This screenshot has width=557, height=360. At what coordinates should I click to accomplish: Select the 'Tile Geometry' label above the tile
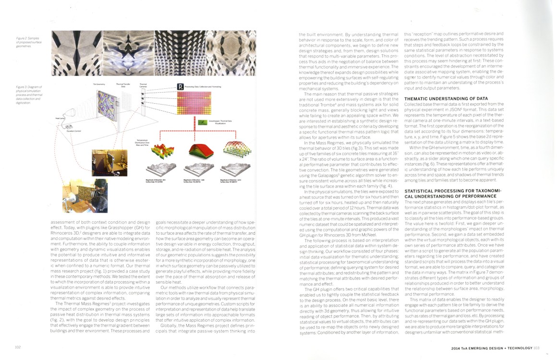point(99,84)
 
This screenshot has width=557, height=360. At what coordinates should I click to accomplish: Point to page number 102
point(18,347)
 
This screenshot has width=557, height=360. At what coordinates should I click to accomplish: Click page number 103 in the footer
point(537,348)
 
